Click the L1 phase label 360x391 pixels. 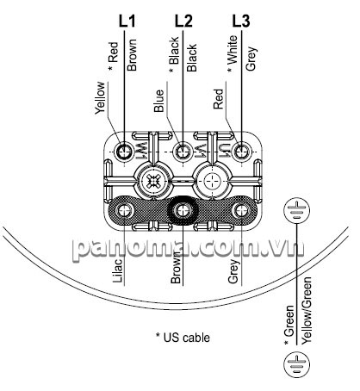click(x=127, y=21)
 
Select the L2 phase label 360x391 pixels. click(x=183, y=21)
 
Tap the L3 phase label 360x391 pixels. click(x=241, y=21)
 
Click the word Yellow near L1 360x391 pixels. click(x=101, y=98)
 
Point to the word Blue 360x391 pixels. click(x=159, y=101)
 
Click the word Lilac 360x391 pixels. click(x=118, y=270)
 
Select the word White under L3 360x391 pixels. click(x=232, y=50)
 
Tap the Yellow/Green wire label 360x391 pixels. click(x=307, y=310)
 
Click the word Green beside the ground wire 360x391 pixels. click(x=289, y=321)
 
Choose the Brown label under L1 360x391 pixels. click(x=132, y=55)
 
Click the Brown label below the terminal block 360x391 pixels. click(x=176, y=268)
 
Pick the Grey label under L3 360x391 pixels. click(x=251, y=59)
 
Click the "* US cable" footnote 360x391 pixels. click(x=183, y=338)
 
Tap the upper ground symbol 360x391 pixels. click(x=297, y=210)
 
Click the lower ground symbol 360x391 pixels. click(x=297, y=363)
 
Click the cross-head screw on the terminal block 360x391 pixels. click(x=153, y=181)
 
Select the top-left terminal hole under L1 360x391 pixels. click(x=125, y=151)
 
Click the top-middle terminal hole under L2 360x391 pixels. click(x=183, y=151)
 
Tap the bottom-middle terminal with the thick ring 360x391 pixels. click(x=183, y=211)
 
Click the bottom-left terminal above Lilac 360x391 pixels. click(x=125, y=211)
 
